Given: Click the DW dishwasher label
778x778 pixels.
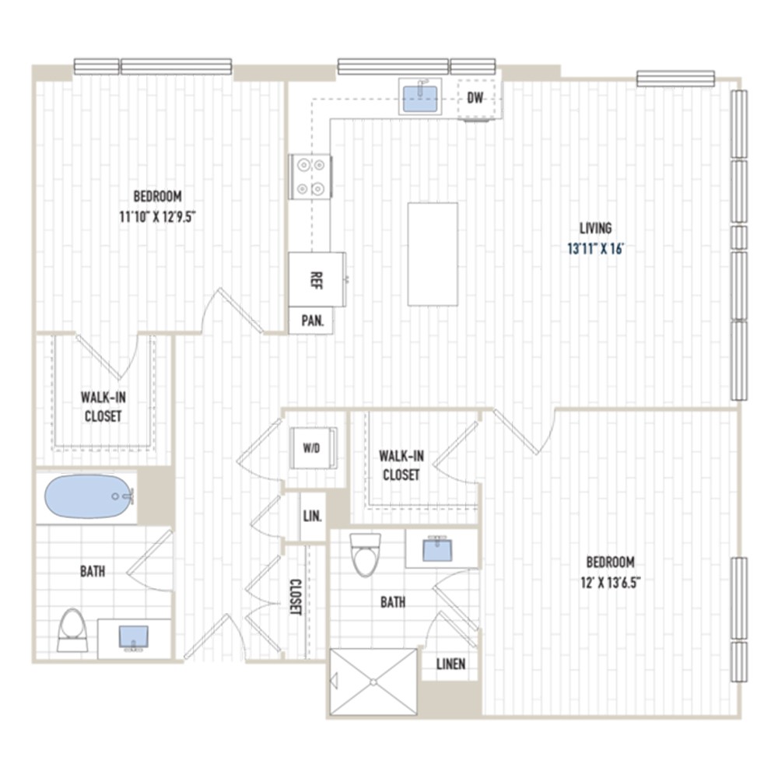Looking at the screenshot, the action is pyautogui.click(x=475, y=98).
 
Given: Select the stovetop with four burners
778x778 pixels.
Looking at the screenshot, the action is pyautogui.click(x=310, y=177).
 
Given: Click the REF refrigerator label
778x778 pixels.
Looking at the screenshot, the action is pyautogui.click(x=316, y=280).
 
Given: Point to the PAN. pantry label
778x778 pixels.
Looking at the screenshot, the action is pyautogui.click(x=313, y=321).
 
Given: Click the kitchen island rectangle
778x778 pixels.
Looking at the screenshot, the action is pyautogui.click(x=433, y=254).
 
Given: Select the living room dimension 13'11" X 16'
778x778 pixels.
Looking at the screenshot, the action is pyautogui.click(x=595, y=249).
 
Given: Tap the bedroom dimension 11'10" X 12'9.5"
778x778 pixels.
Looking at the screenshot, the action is pyautogui.click(x=156, y=217).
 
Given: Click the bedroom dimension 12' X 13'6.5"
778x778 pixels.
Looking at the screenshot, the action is pyautogui.click(x=610, y=583).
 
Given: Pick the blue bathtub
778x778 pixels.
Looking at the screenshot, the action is pyautogui.click(x=89, y=496).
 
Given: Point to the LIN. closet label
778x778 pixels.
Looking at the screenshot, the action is pyautogui.click(x=313, y=516).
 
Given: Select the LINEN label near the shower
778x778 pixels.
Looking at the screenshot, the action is pyautogui.click(x=451, y=664).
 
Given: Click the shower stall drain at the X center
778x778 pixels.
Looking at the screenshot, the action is pyautogui.click(x=373, y=683).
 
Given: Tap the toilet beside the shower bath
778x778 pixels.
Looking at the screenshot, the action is pyautogui.click(x=365, y=555).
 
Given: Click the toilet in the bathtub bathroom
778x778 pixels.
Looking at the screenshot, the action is pyautogui.click(x=72, y=630).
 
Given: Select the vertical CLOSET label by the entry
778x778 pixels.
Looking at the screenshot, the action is pyautogui.click(x=296, y=597).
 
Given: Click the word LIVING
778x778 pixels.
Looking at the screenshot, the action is pyautogui.click(x=595, y=228).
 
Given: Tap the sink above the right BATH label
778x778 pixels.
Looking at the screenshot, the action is pyautogui.click(x=437, y=548).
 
